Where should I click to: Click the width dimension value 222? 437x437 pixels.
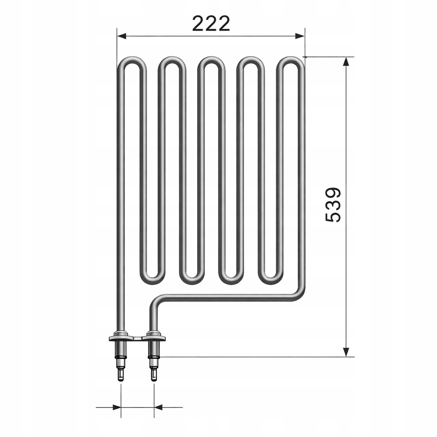point(211,23)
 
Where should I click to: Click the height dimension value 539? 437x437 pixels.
point(333,204)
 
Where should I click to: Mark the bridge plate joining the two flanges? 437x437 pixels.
point(137,339)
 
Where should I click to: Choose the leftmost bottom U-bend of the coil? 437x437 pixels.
point(151,280)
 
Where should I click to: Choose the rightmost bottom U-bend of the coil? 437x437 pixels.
point(271,280)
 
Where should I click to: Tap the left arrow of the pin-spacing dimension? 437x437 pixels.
point(116,407)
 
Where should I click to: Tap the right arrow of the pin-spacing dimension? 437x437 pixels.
point(159,407)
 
